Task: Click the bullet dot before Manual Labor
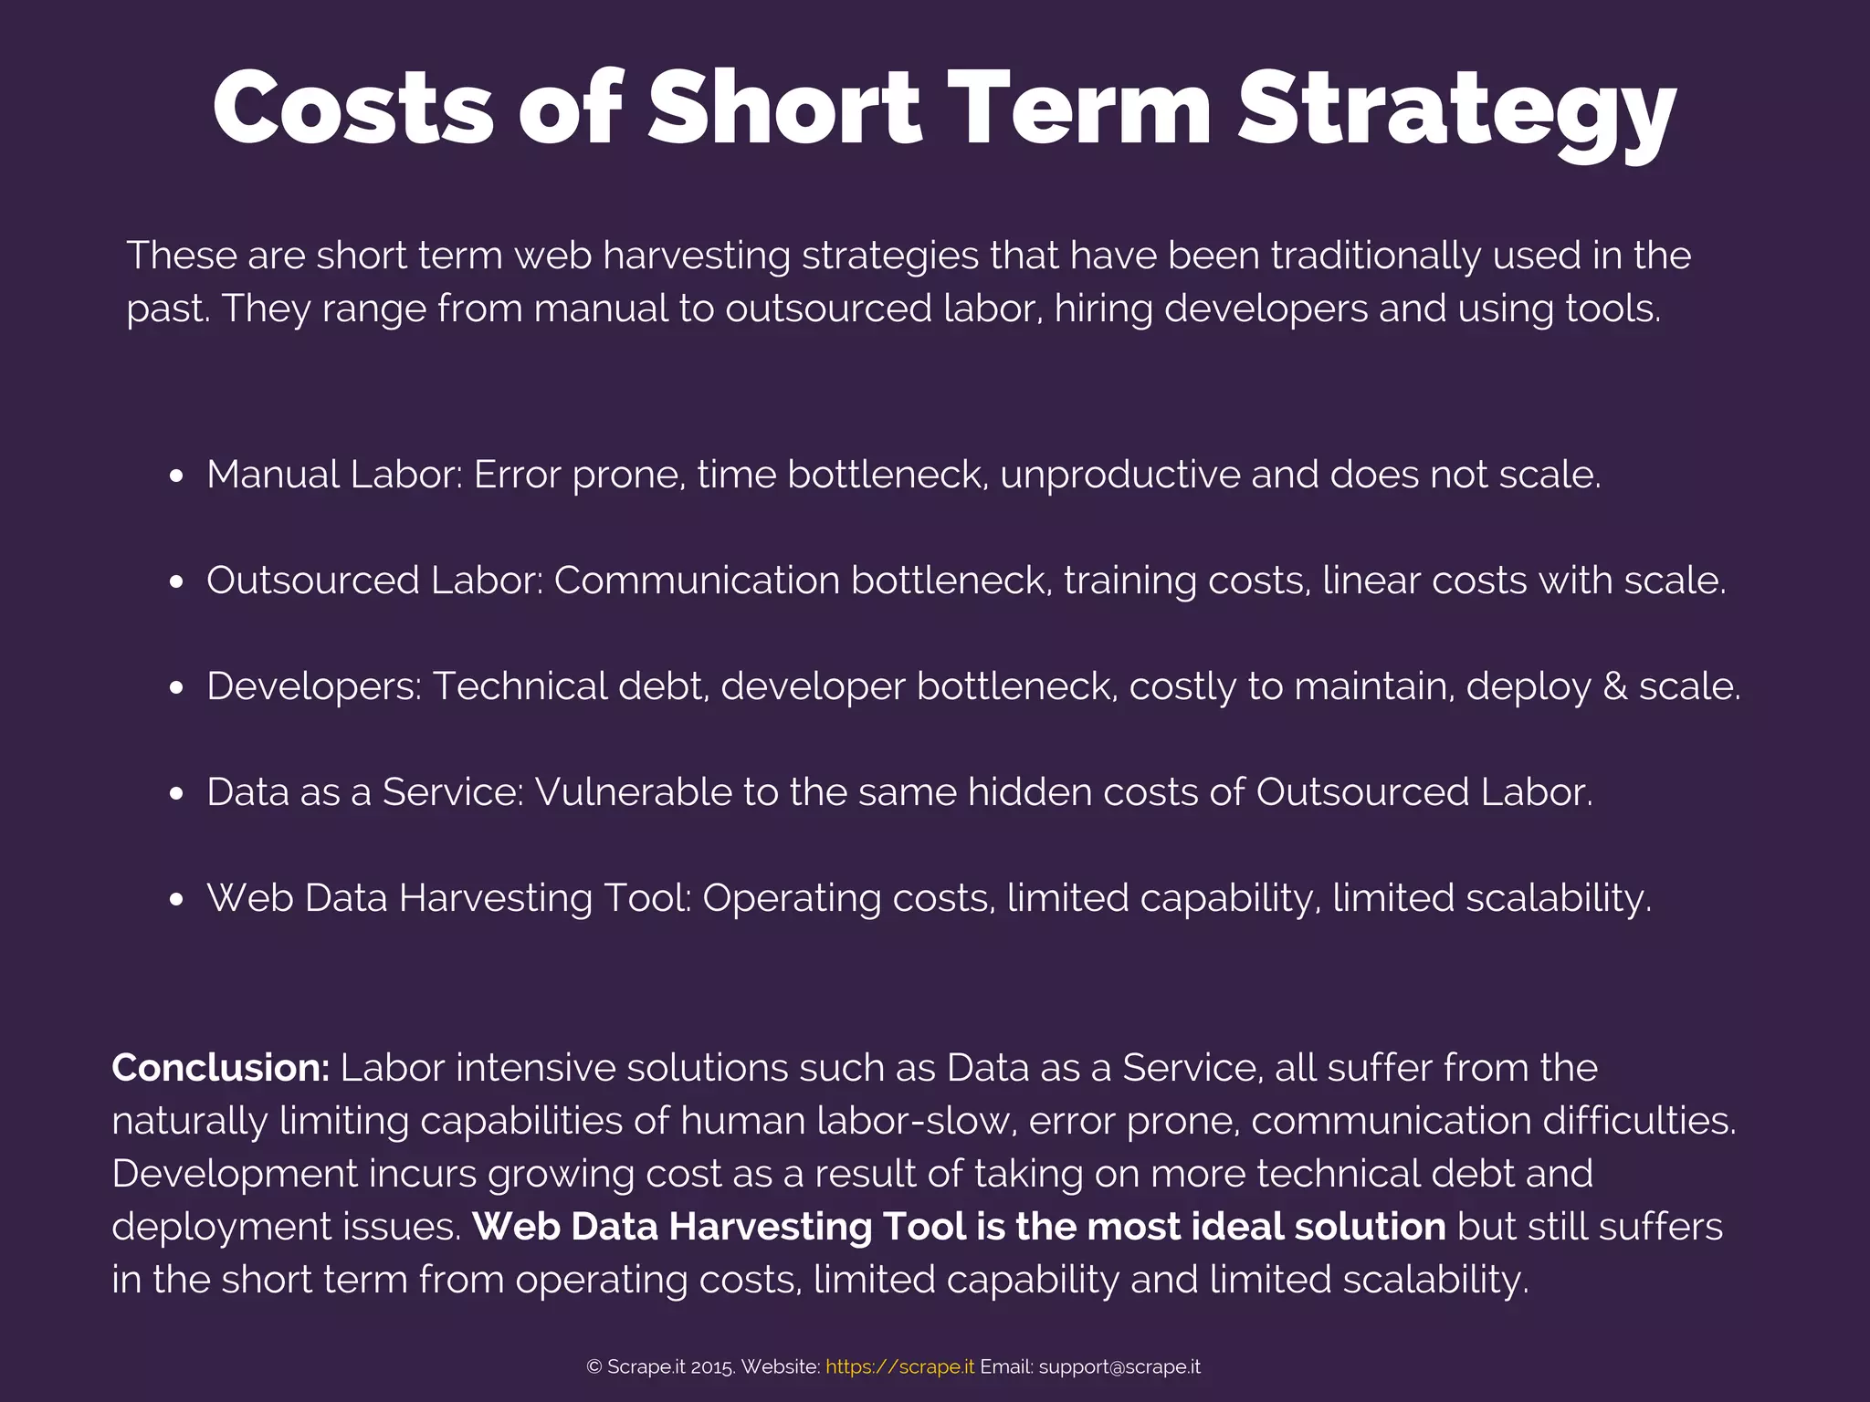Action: pyautogui.click(x=176, y=476)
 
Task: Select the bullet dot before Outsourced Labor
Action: pyautogui.click(x=176, y=582)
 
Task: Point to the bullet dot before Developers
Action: pyautogui.click(x=176, y=688)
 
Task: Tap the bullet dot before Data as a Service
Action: pyautogui.click(x=176, y=794)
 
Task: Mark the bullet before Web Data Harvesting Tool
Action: pyautogui.click(x=176, y=900)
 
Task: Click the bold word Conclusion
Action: pyautogui.click(x=220, y=1068)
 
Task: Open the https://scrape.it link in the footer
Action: pyautogui.click(x=899, y=1367)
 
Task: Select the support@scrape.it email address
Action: pyautogui.click(x=1119, y=1367)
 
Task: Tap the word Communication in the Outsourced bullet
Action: pyautogui.click(x=697, y=581)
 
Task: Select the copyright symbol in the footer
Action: pyautogui.click(x=594, y=1367)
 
